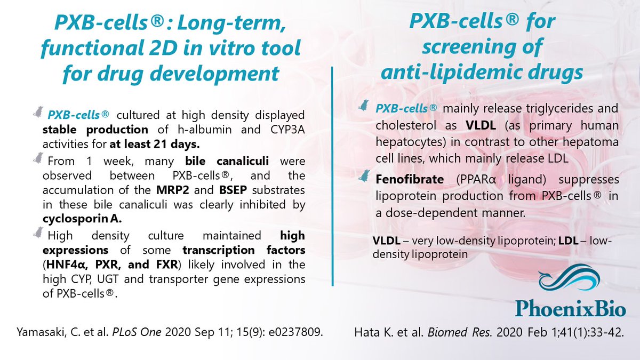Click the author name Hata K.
pos(375,333)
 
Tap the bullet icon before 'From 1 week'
pos(38,157)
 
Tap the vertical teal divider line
pos(332,176)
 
